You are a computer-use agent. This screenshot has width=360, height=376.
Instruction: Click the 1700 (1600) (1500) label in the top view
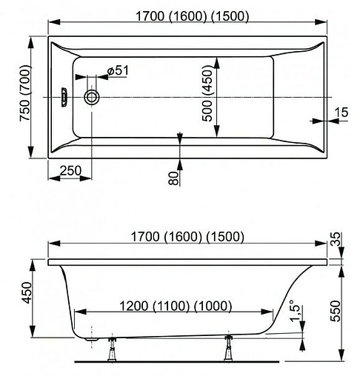(185, 16)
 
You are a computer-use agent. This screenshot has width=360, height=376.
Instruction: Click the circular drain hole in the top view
(93, 96)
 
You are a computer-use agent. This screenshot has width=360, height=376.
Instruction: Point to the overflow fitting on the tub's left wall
(65, 96)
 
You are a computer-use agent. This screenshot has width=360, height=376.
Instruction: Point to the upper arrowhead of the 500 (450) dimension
(216, 61)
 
